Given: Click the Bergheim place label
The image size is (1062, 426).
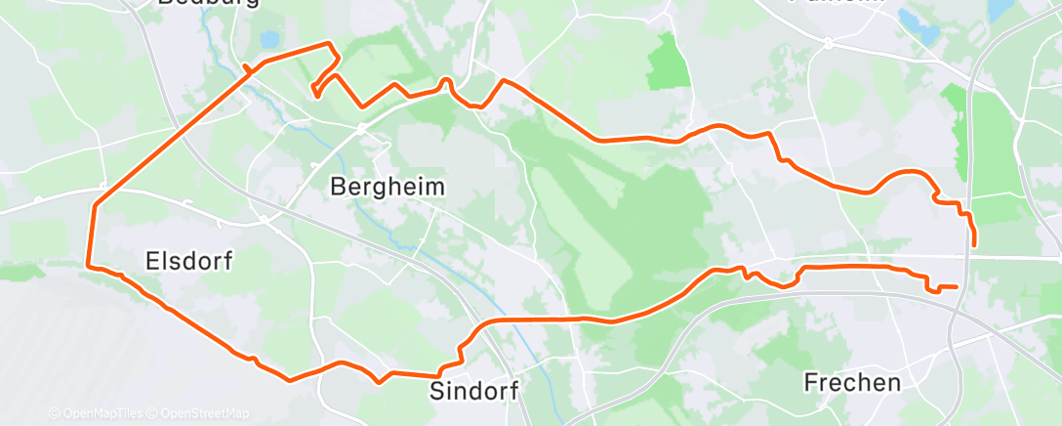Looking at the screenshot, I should coord(388,186).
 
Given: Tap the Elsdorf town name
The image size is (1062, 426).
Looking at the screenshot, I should coord(190,261).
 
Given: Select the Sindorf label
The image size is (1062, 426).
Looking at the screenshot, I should coord(473,391).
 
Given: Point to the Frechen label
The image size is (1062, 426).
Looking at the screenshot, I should coord(852,382).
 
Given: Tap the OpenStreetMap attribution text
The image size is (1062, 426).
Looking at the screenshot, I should coord(205,413).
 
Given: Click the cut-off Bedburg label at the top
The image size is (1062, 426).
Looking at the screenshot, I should coord(208,4).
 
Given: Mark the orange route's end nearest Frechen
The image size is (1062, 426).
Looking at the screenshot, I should coord(956,286).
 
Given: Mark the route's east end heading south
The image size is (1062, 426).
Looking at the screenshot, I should coord(974,244).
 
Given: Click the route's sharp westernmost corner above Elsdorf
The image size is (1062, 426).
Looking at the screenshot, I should coord(95,206).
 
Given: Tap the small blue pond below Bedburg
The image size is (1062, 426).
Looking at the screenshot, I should coord(268,40).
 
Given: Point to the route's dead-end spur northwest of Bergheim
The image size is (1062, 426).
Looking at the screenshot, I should coord(315,94).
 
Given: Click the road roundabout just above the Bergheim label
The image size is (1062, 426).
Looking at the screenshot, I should coord(360,127).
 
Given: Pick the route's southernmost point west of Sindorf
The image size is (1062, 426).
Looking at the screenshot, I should coord(290,379).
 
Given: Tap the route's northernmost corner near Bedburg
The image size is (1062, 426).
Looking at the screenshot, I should coord(329,43).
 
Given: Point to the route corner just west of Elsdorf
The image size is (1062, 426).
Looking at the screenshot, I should coord(90,265).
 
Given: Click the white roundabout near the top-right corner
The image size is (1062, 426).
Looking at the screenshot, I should coord(828,43).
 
